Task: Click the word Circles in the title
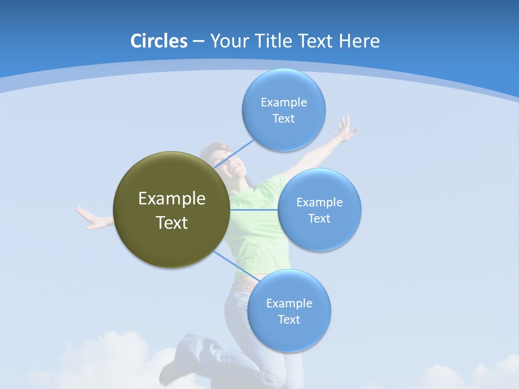click(158, 41)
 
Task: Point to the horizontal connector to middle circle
click(254, 209)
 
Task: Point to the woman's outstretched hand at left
click(90, 218)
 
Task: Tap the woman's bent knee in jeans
click(187, 346)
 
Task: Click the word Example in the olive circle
click(171, 198)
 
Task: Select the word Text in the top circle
click(283, 119)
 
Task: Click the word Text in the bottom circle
click(289, 320)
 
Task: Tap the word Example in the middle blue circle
click(319, 202)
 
